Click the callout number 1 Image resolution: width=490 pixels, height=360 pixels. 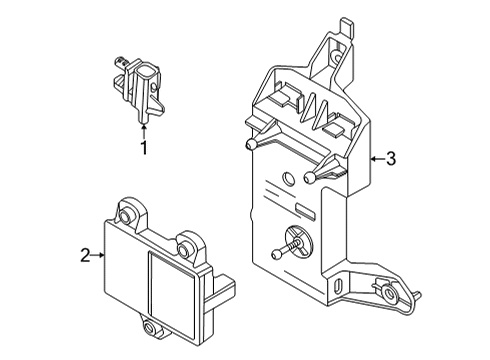point(143,149)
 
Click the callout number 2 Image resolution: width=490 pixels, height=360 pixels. point(85,256)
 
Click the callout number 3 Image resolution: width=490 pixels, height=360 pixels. point(392,158)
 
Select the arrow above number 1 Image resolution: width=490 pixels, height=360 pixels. point(143,127)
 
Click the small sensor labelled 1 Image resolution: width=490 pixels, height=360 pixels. point(140,90)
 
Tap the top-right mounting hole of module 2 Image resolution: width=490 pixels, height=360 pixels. point(187,241)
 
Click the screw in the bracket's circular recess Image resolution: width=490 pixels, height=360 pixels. point(297,243)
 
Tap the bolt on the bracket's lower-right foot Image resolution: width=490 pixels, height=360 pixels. point(383,292)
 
